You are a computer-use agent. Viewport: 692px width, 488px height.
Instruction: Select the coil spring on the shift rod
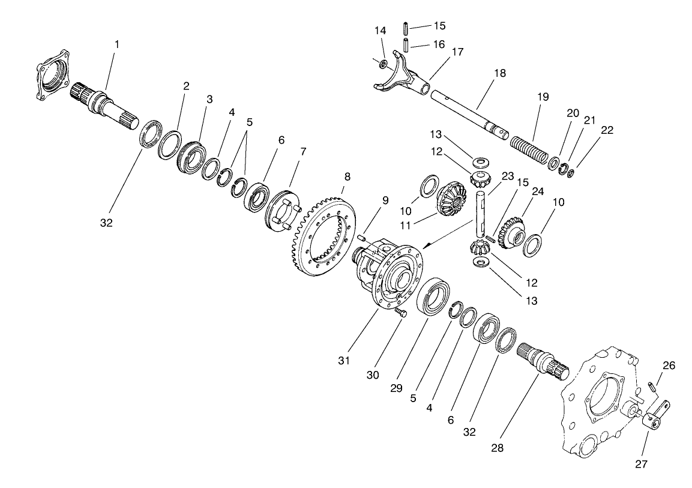pyautogui.click(x=530, y=150)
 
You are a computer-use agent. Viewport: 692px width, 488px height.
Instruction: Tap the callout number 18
pyautogui.click(x=500, y=73)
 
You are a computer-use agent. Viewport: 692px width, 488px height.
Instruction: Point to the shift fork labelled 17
pyautogui.click(x=399, y=77)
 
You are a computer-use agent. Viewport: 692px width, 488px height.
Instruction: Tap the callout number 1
pyautogui.click(x=117, y=44)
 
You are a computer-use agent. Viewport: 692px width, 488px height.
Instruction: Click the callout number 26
pyautogui.click(x=669, y=364)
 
